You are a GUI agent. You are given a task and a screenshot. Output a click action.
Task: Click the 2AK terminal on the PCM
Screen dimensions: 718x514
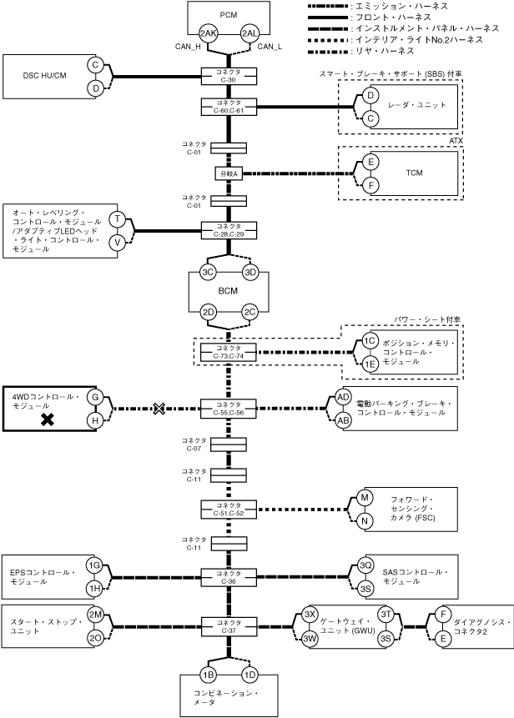(209, 33)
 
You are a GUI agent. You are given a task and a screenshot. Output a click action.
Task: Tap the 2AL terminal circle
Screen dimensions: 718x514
(249, 33)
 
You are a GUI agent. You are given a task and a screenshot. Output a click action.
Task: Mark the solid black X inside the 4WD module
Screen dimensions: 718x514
(48, 420)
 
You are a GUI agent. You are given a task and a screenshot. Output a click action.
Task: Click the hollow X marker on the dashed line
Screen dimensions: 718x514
(159, 409)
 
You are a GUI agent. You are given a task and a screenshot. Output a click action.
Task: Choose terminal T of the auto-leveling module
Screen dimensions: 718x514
(118, 219)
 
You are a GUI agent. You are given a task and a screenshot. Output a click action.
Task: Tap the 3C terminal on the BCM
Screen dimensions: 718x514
(209, 273)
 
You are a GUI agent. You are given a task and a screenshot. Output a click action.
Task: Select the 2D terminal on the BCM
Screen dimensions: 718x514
(209, 313)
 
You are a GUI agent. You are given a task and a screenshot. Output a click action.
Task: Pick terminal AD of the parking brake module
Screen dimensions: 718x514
(343, 397)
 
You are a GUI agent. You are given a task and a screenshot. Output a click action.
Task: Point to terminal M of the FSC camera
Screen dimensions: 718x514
(364, 498)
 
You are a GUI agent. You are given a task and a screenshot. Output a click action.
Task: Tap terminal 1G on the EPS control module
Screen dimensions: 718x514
(95, 566)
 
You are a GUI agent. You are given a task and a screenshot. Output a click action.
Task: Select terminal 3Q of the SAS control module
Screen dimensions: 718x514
(365, 566)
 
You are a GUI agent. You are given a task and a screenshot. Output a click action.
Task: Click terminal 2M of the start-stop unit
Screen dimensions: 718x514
(95, 615)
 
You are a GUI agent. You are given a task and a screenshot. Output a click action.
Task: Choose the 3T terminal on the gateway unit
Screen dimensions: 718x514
(386, 615)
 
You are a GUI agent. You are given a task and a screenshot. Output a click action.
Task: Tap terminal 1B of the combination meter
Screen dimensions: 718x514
(209, 674)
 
